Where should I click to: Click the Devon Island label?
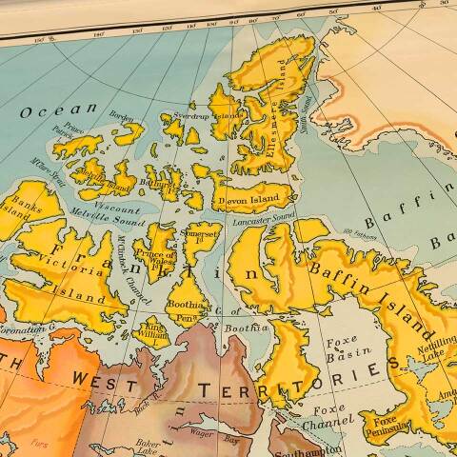[250, 199]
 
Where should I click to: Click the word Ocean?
[58, 110]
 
